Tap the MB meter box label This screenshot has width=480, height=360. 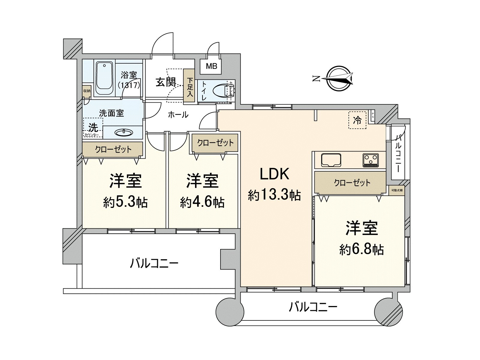(x=211, y=66)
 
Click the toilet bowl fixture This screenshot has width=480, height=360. (x=222, y=90)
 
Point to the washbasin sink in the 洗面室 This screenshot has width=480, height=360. (x=124, y=132)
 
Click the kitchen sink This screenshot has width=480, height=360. (x=331, y=160)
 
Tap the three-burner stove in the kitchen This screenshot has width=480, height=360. (x=370, y=160)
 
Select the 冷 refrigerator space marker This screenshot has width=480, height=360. (x=357, y=120)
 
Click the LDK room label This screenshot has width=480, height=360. (x=274, y=174)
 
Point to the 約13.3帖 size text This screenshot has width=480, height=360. (x=274, y=195)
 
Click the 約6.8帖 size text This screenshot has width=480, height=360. (x=361, y=249)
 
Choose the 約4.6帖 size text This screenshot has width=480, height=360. (x=202, y=202)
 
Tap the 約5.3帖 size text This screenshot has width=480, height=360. (x=125, y=202)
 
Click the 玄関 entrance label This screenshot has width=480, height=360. (x=165, y=82)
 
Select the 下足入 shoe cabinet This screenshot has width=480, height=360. (x=190, y=87)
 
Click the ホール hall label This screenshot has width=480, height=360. (x=178, y=115)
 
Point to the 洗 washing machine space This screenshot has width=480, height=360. (x=93, y=128)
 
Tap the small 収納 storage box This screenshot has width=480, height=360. (x=87, y=91)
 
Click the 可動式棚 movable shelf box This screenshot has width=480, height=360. (x=397, y=190)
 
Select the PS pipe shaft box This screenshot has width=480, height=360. (x=373, y=115)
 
